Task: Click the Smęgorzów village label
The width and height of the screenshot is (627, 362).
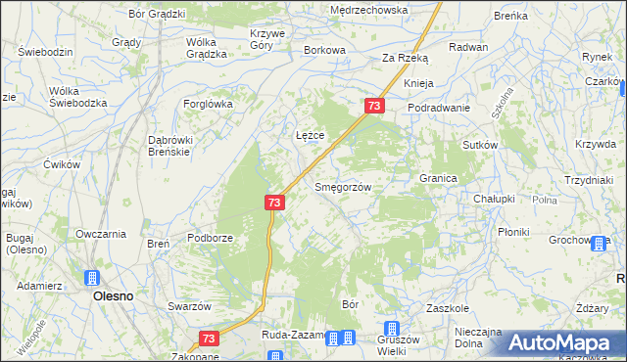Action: [x=342, y=187]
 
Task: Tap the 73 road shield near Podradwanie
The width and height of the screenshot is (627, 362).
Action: [x=373, y=105]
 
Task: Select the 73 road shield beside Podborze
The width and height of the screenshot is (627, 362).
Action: [x=274, y=203]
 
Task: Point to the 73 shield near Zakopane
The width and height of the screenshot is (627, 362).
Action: [x=208, y=338]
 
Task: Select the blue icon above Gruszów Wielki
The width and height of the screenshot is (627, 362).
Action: [x=392, y=330]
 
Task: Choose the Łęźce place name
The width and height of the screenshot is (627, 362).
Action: [x=310, y=134]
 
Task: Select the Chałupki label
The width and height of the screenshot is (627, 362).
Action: [x=494, y=199]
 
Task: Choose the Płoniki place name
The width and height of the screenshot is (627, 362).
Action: [x=513, y=232]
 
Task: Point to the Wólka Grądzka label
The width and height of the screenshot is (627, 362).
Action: [x=207, y=49]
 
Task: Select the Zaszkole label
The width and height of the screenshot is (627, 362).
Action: [x=450, y=306]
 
